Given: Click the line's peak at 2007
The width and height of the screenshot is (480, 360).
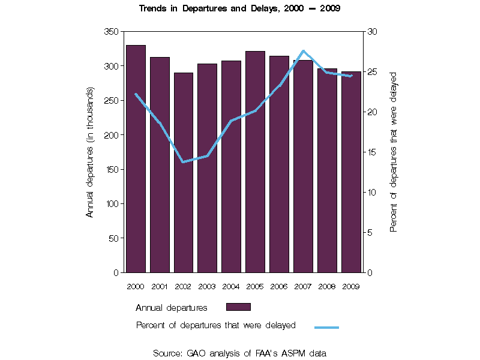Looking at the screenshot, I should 303,51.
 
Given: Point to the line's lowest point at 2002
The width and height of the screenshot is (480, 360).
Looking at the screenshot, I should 182,162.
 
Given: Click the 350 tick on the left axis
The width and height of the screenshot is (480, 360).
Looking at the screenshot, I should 111,31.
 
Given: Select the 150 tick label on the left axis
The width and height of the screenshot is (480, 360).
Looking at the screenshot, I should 111,169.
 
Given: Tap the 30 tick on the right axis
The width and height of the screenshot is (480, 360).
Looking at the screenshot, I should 372,31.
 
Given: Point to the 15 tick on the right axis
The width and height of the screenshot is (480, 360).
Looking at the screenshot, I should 372,152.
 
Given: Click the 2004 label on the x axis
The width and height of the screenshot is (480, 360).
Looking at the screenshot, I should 231,286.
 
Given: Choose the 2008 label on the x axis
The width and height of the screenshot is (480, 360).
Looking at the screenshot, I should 327,286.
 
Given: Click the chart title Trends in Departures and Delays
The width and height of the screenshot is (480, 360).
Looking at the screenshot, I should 240,9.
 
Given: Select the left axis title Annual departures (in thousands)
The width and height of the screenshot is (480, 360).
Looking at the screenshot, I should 90,152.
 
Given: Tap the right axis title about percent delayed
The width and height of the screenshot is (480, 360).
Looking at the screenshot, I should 394,152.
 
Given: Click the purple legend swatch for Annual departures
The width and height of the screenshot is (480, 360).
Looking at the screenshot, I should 238,307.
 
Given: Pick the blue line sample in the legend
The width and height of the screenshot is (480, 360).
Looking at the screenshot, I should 326,327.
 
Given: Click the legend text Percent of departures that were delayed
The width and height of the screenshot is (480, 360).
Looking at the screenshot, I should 215,326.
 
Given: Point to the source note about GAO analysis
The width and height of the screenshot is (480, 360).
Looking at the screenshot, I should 240,353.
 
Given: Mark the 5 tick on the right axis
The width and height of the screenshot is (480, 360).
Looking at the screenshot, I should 370,232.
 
